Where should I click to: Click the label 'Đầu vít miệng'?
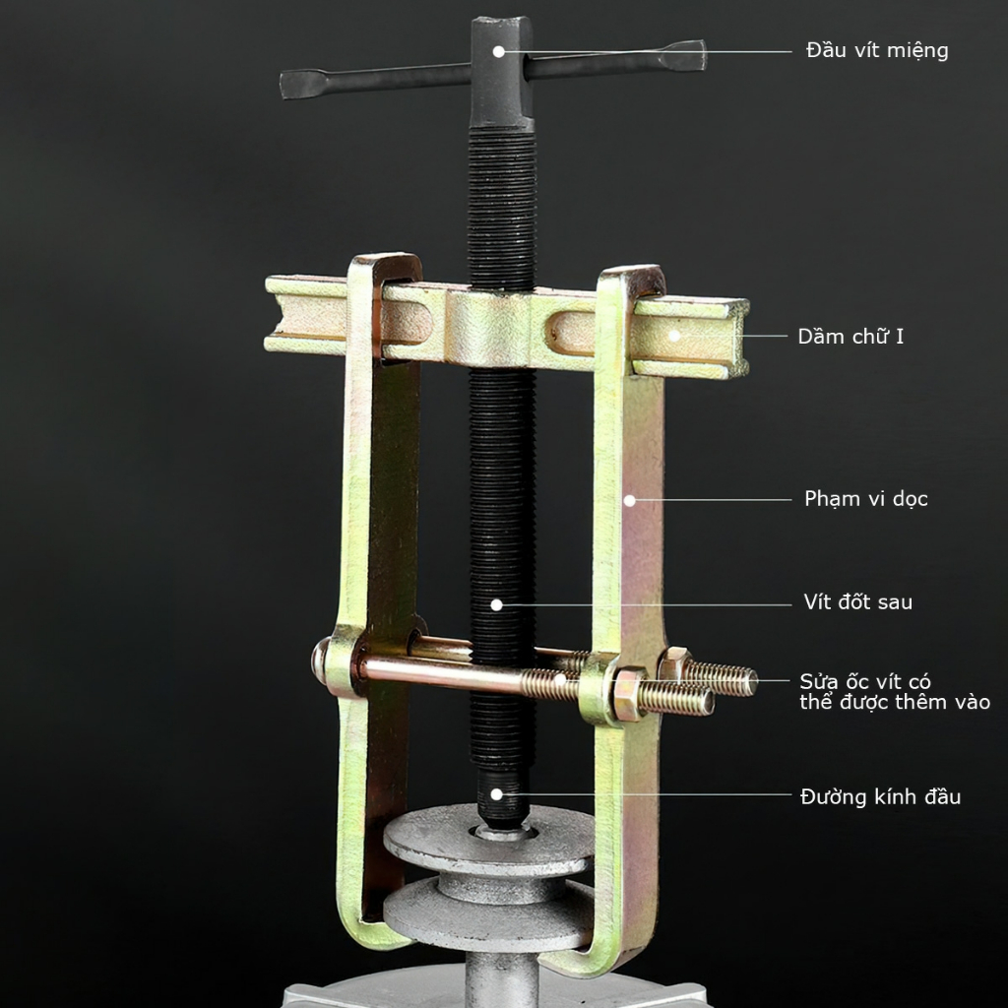coord(877,51)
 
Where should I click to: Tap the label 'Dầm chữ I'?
coord(850,337)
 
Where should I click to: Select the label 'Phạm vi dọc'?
coord(866,499)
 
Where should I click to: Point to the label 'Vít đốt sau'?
coord(857,601)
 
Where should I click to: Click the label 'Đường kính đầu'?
coord(880,797)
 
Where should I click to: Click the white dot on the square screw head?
coord(498,51)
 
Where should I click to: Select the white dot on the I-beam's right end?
coord(674,336)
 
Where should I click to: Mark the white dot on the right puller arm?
coord(630,500)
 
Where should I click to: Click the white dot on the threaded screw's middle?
coord(496,605)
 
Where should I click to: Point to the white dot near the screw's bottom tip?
coord(496,794)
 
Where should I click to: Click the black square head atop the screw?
coord(501,72)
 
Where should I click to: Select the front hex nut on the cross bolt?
coord(630,694)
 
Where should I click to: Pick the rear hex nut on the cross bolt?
coord(673,665)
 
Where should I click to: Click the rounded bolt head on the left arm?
coord(320,661)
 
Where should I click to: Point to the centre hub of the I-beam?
coord(488,328)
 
